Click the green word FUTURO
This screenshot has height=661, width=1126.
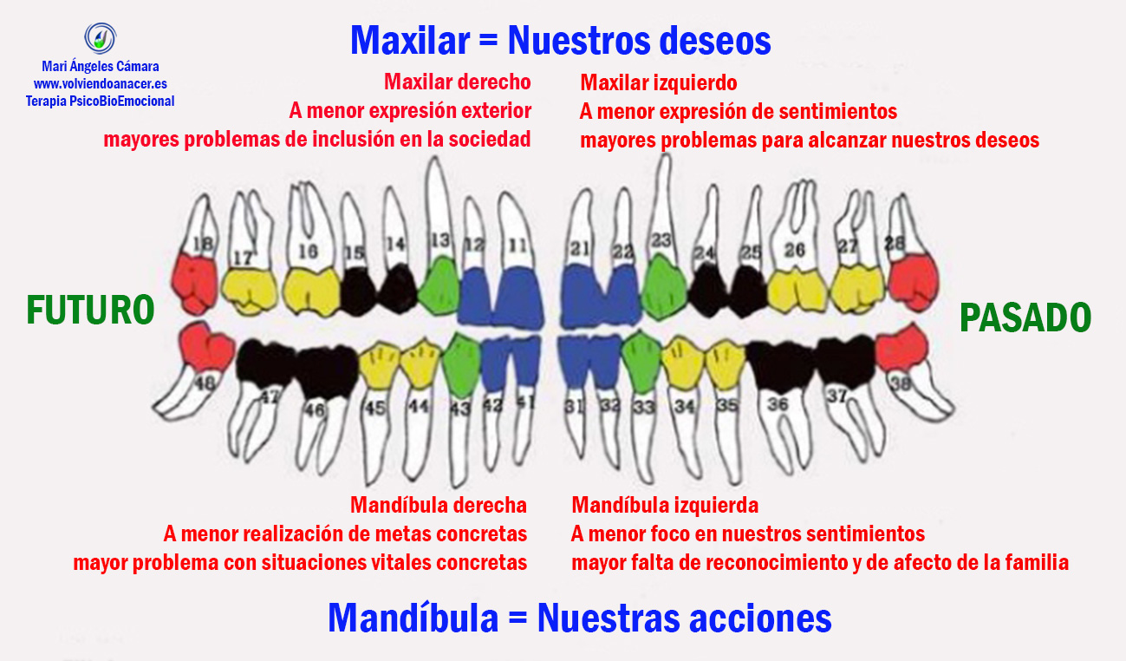[90, 311]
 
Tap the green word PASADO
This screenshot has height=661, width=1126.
[1025, 318]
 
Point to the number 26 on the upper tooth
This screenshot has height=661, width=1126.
[794, 250]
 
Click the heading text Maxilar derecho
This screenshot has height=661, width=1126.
[457, 82]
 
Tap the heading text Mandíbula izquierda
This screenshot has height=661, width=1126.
[665, 505]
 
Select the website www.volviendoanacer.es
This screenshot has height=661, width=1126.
[100, 84]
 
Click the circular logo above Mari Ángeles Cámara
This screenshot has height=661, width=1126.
[101, 38]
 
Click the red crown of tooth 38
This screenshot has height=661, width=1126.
[901, 350]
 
